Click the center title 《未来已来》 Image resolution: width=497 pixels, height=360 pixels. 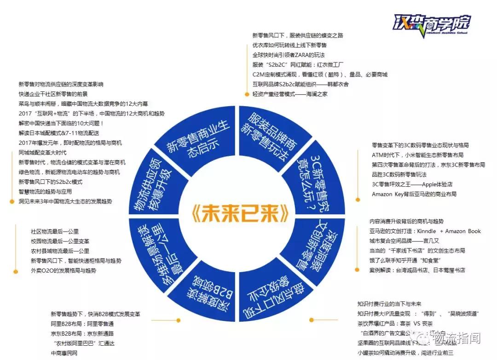(239, 213)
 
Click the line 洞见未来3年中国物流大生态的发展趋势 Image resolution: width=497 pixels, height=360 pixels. (65, 201)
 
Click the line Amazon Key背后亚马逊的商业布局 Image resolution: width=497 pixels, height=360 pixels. (414, 194)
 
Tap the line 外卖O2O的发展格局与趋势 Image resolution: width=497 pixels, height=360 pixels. (64, 271)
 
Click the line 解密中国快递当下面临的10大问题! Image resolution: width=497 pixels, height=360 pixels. (62, 123)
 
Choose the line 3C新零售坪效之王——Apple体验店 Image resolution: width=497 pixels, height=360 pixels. (412, 184)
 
